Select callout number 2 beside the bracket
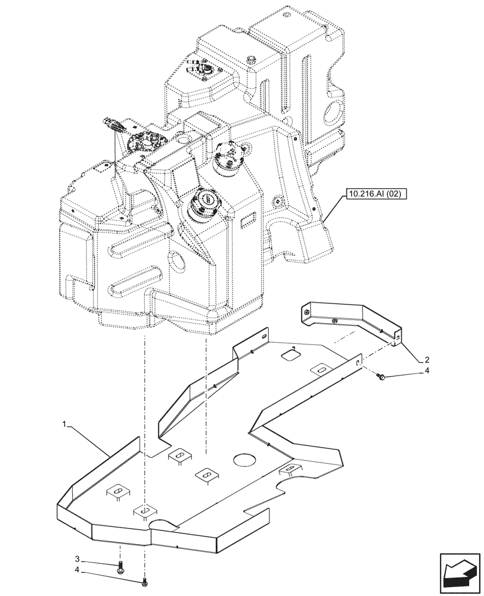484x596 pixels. pyautogui.click(x=427, y=360)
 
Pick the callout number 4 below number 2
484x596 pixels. pyautogui.click(x=426, y=371)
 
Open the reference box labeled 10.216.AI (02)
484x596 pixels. pyautogui.click(x=374, y=194)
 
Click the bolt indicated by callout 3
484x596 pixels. pyautogui.click(x=121, y=566)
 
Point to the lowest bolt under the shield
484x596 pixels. pyautogui.click(x=144, y=581)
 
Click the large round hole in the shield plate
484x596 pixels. pyautogui.click(x=245, y=460)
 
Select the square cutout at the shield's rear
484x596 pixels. pyautogui.click(x=289, y=355)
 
